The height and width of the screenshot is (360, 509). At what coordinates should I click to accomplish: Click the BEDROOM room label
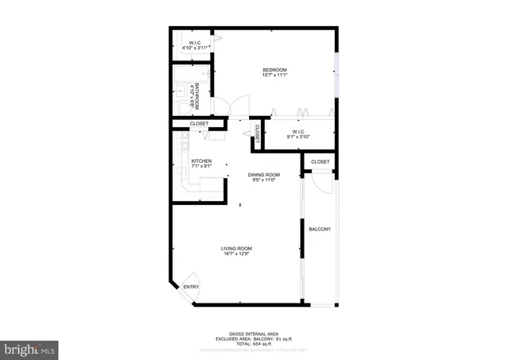click(274, 70)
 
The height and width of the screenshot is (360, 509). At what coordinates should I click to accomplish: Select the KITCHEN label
click(201, 161)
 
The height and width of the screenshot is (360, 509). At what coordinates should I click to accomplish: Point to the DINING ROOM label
click(262, 175)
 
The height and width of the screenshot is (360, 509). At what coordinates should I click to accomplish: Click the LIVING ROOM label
click(235, 248)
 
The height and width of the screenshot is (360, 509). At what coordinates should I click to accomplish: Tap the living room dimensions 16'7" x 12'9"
click(235, 254)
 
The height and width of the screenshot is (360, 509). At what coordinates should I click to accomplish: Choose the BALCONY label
click(320, 230)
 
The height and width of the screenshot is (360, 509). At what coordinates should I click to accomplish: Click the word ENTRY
click(191, 287)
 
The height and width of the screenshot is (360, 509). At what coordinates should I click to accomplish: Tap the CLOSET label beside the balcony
click(320, 162)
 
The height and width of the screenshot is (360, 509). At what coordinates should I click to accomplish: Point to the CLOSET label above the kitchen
click(199, 124)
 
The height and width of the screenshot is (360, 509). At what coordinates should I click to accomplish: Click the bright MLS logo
click(30, 348)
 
